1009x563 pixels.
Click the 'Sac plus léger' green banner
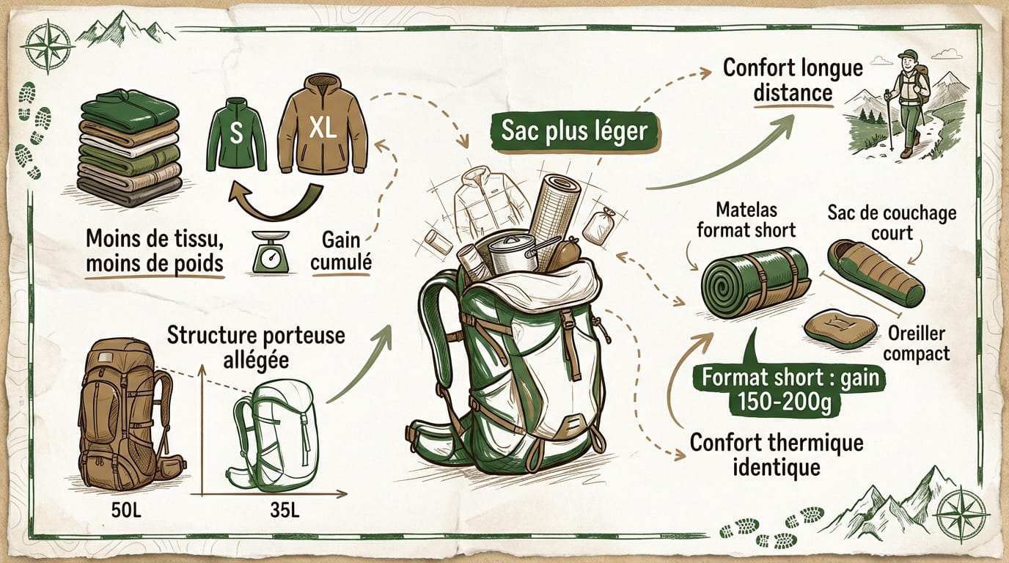pyautogui.click(x=574, y=131)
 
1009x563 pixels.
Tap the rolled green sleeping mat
pyautogui.click(x=755, y=283)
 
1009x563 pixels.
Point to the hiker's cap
pyautogui.click(x=909, y=55)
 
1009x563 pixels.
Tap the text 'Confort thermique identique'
pyautogui.click(x=777, y=455)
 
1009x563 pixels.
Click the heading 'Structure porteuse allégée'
pyautogui.click(x=256, y=347)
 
